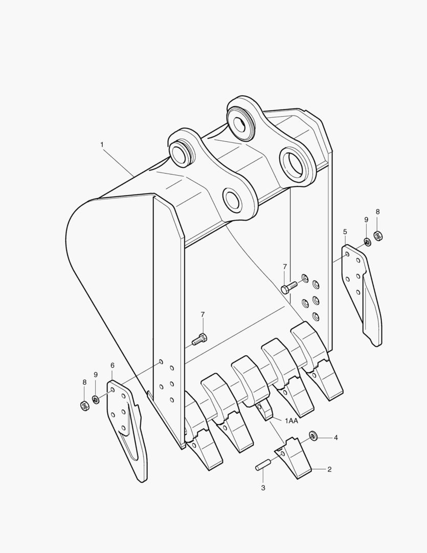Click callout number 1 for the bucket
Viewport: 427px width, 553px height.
tap(102, 145)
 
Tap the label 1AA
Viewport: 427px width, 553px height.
tap(291, 420)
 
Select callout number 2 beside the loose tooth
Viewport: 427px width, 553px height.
tap(329, 469)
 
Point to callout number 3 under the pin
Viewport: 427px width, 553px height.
tap(263, 488)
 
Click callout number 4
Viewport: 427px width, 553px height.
tap(336, 438)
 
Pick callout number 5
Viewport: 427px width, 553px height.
tap(345, 232)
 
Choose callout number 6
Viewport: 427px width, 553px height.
tap(113, 366)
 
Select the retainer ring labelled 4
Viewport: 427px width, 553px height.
tap(313, 436)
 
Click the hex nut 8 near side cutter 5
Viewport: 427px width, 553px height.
tap(378, 236)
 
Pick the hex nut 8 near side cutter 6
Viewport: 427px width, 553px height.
tap(85, 406)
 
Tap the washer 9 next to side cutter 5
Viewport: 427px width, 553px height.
tap(367, 241)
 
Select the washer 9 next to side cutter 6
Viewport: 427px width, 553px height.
tap(96, 399)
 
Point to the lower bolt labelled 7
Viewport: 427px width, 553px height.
tap(199, 338)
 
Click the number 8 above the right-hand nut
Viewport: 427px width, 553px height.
tap(378, 211)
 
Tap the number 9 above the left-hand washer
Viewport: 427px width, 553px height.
tap(96, 375)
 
